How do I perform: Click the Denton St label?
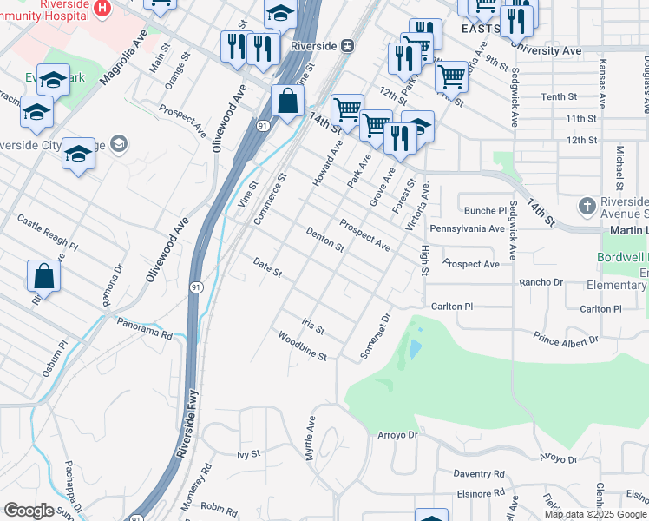pos(325,240)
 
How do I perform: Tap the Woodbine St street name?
pos(302,345)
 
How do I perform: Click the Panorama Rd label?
pos(145,328)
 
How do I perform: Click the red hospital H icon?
pos(102,9)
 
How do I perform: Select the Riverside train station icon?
pos(347,45)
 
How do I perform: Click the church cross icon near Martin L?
pos(587,206)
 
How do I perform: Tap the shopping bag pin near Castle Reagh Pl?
pos(43,277)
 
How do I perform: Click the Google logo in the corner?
pos(29,511)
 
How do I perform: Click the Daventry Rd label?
pos(479,474)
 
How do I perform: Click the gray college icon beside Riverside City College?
pos(120,144)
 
